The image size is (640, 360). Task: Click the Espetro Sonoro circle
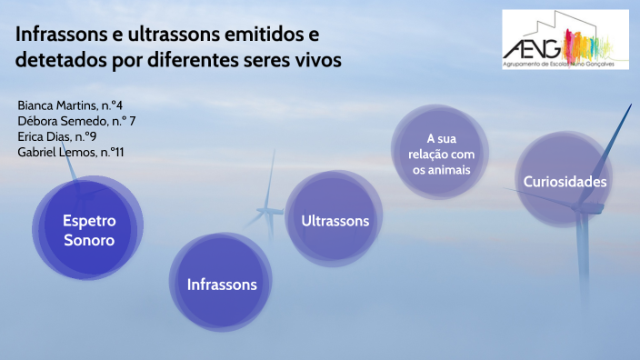point(88,231)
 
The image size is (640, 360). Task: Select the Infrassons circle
point(222,285)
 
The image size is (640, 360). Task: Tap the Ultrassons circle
point(335,221)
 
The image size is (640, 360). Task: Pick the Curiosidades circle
point(564,182)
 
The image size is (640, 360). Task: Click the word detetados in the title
point(57,62)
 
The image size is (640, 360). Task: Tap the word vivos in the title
point(318,62)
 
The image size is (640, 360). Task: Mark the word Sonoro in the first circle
point(88,241)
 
